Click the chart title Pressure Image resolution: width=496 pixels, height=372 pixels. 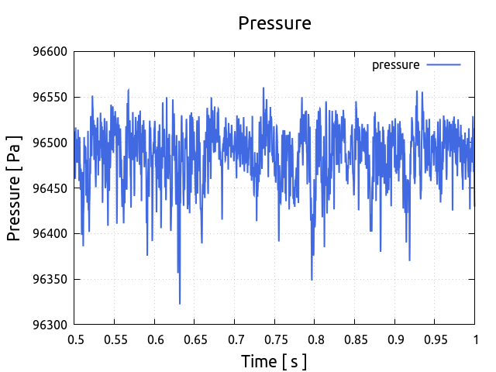click(274, 23)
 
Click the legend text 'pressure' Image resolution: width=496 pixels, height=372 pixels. click(395, 65)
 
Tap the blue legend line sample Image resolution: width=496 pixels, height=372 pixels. click(444, 65)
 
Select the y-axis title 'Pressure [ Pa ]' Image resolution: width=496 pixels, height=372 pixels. click(14, 188)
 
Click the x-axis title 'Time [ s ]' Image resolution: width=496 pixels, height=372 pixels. click(274, 361)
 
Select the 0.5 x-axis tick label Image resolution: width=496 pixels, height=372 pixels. click(75, 339)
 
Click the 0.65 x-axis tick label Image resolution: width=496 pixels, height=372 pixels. click(195, 339)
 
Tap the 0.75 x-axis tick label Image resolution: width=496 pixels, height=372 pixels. click(274, 339)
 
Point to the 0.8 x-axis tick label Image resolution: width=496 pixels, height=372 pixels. click(315, 339)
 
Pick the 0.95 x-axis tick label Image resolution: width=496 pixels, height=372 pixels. click(434, 339)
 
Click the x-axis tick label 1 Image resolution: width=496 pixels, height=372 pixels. click(474, 339)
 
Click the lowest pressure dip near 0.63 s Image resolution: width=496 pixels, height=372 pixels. click(180, 303)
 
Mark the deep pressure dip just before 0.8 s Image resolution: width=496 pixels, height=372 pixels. click(312, 279)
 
